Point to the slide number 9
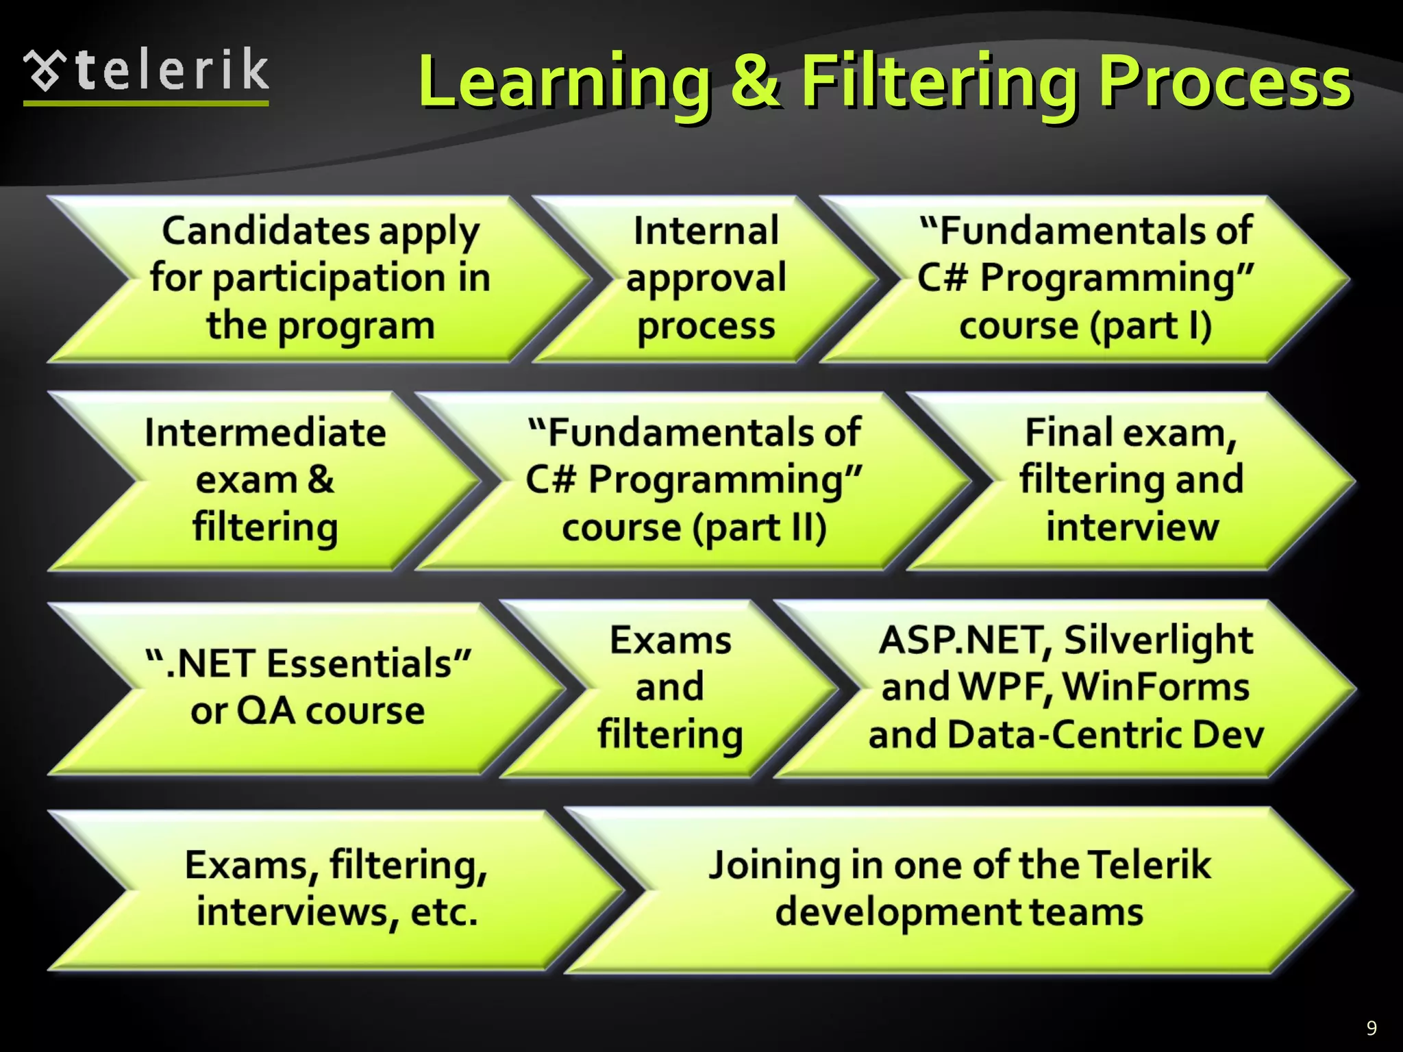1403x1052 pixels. pos(1371,1027)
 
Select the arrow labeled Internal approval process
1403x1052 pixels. pos(706,278)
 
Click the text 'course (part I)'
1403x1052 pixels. pos(1085,326)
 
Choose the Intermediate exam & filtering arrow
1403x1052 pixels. pos(265,480)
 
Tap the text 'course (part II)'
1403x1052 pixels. pos(694,528)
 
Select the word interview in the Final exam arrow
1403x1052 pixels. pos(1132,527)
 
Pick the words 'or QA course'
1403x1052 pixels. pos(308,711)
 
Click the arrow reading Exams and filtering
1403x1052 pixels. pos(670,687)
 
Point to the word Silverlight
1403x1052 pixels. pos(1158,640)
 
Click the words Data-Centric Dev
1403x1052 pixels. pos(1106,735)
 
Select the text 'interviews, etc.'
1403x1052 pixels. pos(336,912)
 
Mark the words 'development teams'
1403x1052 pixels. pos(958,912)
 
